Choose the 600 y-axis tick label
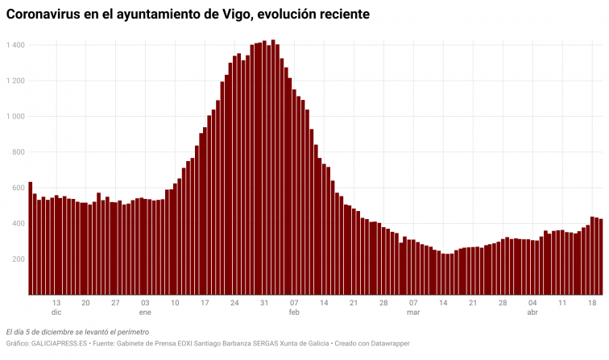click(17, 188)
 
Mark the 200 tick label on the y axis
click(17, 259)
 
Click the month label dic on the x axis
click(56, 312)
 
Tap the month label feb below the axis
click(294, 312)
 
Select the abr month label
click(532, 312)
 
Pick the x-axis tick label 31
click(264, 303)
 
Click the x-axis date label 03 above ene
click(145, 303)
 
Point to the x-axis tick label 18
click(592, 303)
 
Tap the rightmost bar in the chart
click(601, 257)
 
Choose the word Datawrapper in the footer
click(390, 344)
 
